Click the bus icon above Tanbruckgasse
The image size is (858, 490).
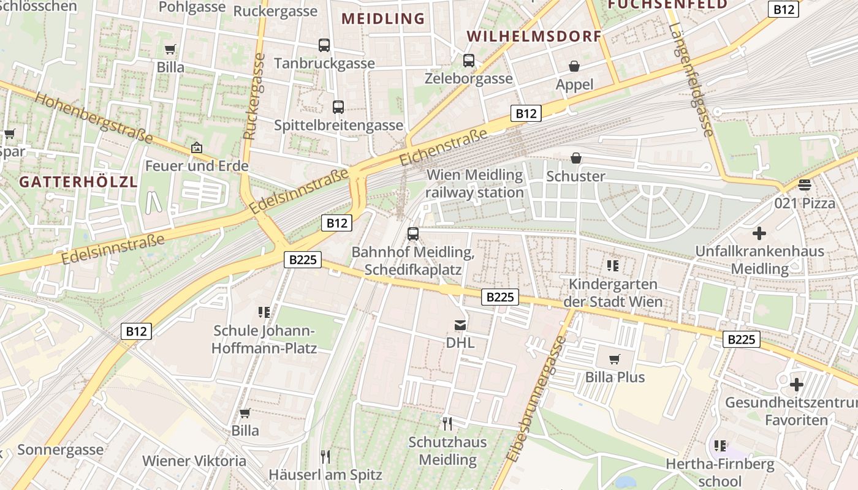coord(324,45)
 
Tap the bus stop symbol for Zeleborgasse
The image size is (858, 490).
coord(469,61)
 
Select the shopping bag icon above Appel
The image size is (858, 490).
coord(574,66)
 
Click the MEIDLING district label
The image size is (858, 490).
coord(383,18)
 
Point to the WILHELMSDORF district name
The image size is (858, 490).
coord(534,36)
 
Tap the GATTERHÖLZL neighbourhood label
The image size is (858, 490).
coord(78,181)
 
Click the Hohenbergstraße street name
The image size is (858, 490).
coord(93,118)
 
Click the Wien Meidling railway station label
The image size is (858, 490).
coord(475,184)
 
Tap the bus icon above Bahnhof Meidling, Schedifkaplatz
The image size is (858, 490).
coord(413,234)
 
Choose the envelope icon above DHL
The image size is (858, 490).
coord(460,325)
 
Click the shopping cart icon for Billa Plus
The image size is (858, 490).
coord(615,360)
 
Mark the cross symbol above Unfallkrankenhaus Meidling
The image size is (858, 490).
coord(759,233)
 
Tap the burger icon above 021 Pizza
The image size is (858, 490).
coord(805,184)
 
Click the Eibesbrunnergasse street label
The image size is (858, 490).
coord(536,398)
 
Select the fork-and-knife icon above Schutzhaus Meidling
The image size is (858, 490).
coord(447,424)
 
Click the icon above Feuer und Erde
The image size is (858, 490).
coord(196,148)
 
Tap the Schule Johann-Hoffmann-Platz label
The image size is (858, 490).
coord(264,339)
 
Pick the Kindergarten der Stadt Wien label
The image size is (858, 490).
coord(613,293)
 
